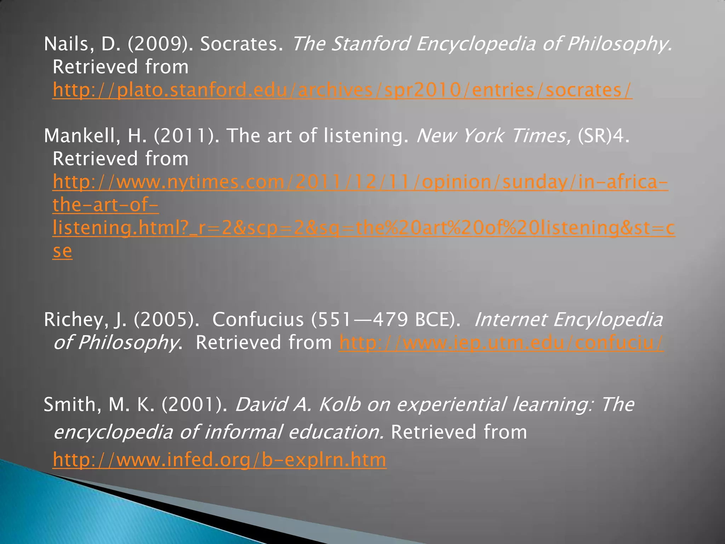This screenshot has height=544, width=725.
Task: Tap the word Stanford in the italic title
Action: click(371, 44)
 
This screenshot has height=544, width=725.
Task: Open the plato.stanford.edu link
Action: click(342, 90)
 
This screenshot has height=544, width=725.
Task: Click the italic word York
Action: click(483, 136)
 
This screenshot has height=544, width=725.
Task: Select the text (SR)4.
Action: click(603, 136)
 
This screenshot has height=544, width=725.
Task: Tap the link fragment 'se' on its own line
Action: click(62, 251)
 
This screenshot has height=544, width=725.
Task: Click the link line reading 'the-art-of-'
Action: click(105, 205)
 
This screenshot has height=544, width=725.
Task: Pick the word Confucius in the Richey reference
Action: click(258, 320)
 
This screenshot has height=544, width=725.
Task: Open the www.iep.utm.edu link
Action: click(501, 343)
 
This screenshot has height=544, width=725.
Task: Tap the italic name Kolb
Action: click(339, 405)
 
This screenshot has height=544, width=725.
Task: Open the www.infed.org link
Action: click(219, 460)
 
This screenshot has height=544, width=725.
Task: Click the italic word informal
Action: click(244, 432)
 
